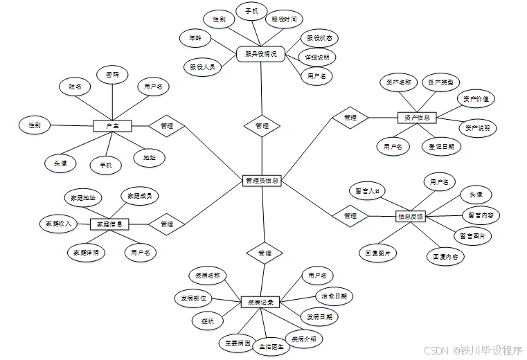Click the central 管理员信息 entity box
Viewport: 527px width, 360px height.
click(x=262, y=181)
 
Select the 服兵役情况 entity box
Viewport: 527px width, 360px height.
click(x=261, y=53)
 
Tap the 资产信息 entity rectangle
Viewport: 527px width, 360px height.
click(x=418, y=118)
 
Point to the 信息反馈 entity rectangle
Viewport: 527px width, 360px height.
click(x=411, y=217)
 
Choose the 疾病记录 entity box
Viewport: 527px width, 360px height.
click(x=261, y=303)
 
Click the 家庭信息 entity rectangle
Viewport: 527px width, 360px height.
click(x=109, y=224)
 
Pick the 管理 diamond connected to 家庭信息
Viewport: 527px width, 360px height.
click(x=167, y=224)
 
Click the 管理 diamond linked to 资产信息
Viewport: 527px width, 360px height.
click(x=350, y=118)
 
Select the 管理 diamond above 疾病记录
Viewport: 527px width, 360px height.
click(x=264, y=253)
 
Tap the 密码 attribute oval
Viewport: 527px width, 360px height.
click(x=112, y=74)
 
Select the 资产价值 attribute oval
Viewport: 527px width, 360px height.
click(x=476, y=99)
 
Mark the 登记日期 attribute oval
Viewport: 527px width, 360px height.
click(x=441, y=146)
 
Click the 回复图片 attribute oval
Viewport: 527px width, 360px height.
click(x=378, y=253)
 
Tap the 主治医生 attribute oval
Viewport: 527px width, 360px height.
click(x=271, y=347)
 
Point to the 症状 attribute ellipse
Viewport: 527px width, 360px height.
click(x=207, y=321)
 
